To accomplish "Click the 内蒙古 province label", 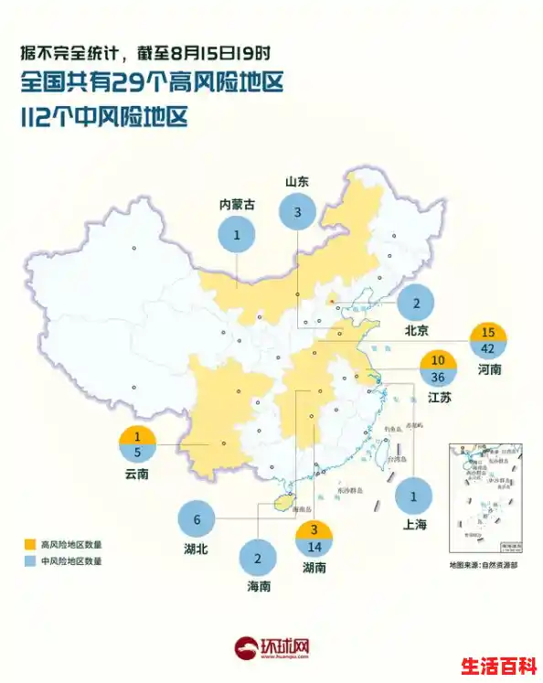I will [237, 205].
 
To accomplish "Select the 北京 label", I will [416, 330].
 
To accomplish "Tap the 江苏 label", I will [439, 398].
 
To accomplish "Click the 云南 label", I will [138, 475].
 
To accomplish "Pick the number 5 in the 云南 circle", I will [138, 453].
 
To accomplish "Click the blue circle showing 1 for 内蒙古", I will [237, 235].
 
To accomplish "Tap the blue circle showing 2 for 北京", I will [416, 303].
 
